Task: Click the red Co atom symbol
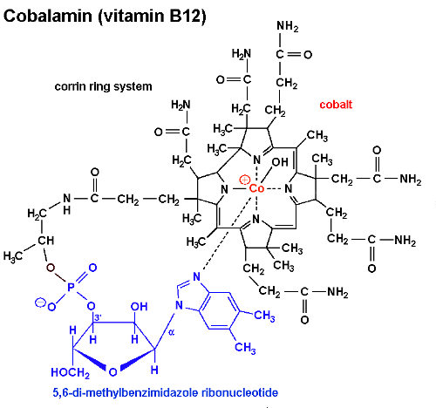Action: point(256,188)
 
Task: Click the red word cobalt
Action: point(336,105)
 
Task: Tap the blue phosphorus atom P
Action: point(71,287)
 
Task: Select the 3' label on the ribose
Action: point(98,317)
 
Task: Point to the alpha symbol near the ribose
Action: point(172,333)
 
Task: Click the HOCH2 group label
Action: point(70,372)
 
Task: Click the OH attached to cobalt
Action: point(280,162)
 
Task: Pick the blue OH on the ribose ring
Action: point(139,307)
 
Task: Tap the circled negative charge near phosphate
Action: point(40,303)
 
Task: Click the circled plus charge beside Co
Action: point(244,180)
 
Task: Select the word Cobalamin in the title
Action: point(48,16)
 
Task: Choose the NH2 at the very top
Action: point(288,26)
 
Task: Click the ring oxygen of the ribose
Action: point(112,371)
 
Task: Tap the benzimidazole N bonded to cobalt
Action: point(197,276)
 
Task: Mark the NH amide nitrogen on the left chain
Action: point(67,203)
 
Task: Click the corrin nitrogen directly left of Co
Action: point(224,189)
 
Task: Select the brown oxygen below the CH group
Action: point(51,268)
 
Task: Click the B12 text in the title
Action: point(185,16)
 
